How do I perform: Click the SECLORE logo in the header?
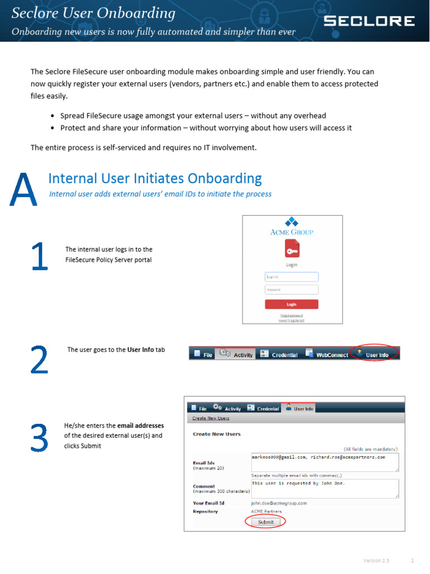point(370,21)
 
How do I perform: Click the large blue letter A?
point(24,190)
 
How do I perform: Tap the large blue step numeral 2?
point(39,359)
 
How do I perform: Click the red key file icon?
point(291,247)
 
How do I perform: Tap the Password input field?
point(291,290)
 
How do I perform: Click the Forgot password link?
point(291,316)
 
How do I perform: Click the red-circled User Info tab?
point(376,354)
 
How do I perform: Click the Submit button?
point(265,522)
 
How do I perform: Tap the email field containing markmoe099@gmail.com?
point(325,462)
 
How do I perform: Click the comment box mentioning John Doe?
point(325,488)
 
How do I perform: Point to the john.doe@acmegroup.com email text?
point(279,503)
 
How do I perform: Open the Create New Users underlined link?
point(211,418)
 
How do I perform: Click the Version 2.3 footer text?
point(376,561)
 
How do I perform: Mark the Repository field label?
point(205,512)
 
